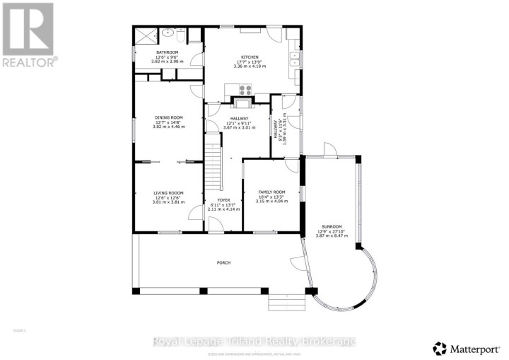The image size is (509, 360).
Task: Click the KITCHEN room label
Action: (x=249, y=57)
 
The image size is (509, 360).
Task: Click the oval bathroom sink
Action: (x=167, y=33)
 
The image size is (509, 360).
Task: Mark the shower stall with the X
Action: (x=146, y=34)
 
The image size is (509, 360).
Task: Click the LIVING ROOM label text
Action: (x=168, y=192)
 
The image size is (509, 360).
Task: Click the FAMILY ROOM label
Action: (x=271, y=192)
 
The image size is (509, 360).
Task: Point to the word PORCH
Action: (x=223, y=262)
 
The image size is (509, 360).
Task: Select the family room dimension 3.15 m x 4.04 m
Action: (x=271, y=202)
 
